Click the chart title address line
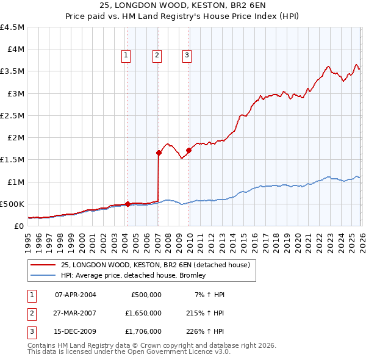182,5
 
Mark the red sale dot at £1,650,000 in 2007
159,153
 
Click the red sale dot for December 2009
188,150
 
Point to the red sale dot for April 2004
127,204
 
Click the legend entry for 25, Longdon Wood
156,265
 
